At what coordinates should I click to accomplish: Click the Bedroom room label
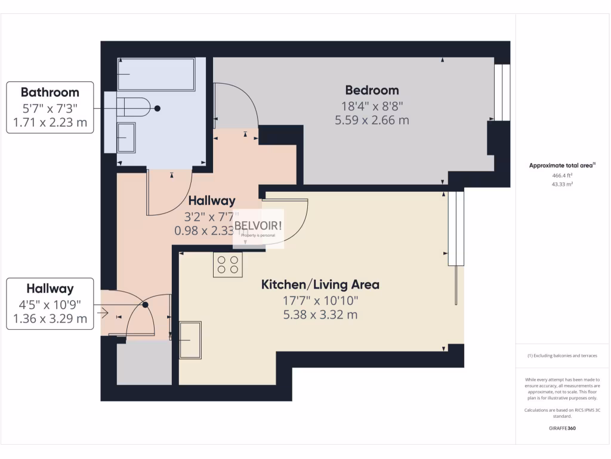(372, 90)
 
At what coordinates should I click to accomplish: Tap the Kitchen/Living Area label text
(320, 284)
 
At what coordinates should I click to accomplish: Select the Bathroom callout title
(50, 92)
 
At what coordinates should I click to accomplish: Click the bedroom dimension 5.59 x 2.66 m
(372, 120)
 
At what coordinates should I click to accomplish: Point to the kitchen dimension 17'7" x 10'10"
(320, 301)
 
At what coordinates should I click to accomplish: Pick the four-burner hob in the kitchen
(228, 265)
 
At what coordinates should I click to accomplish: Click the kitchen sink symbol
(190, 339)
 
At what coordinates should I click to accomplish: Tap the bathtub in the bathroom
(156, 74)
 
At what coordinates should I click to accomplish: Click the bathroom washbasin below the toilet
(126, 138)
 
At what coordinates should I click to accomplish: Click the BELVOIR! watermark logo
(258, 225)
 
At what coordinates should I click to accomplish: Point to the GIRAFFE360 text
(562, 429)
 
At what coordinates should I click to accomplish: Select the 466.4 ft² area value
(562, 176)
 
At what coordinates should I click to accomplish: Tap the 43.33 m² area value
(562, 185)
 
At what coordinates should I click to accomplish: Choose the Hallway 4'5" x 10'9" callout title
(50, 289)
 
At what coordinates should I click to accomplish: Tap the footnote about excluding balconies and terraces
(562, 356)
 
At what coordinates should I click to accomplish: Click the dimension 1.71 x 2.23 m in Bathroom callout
(50, 123)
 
